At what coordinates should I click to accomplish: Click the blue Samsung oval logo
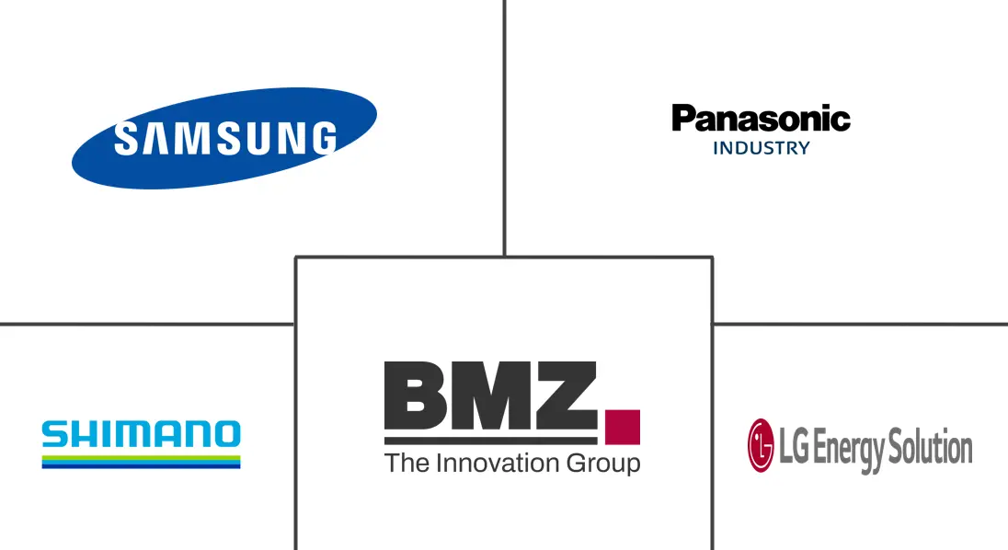click(x=224, y=138)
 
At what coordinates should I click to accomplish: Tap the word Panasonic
click(x=762, y=119)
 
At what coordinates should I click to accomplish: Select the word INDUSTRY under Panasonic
click(x=762, y=148)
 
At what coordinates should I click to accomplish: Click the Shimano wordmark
click(x=142, y=434)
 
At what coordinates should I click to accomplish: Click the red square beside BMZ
click(x=623, y=428)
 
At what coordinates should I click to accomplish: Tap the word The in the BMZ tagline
click(x=407, y=464)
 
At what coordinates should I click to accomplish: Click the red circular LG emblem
click(x=762, y=445)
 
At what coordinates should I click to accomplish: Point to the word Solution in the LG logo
click(x=930, y=447)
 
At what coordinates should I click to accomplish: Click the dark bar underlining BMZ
click(x=491, y=441)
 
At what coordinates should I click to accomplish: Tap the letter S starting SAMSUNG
click(x=126, y=138)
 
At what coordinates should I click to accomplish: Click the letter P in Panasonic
click(x=684, y=119)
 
